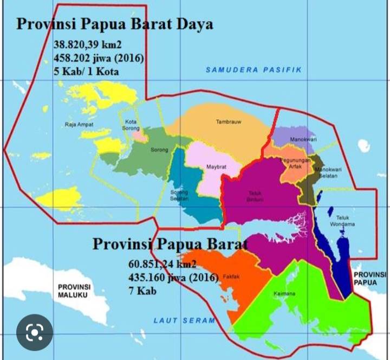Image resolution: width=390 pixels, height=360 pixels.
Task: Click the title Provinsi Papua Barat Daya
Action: click(114, 24)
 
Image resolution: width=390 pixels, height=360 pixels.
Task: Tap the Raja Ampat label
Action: click(80, 124)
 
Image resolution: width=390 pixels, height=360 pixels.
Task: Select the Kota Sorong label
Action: click(131, 125)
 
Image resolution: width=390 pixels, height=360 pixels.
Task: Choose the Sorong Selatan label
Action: click(179, 195)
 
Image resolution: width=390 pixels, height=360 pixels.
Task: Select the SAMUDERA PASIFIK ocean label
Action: click(253, 70)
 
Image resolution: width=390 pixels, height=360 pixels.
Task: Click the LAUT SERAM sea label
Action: click(184, 320)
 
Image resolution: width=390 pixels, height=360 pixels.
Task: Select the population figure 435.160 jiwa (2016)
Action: click(173, 277)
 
